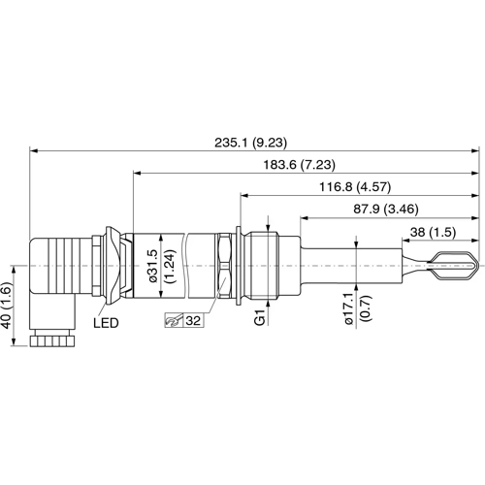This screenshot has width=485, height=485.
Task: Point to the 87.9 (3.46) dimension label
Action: click(386, 207)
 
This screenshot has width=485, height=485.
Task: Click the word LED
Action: click(106, 321)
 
